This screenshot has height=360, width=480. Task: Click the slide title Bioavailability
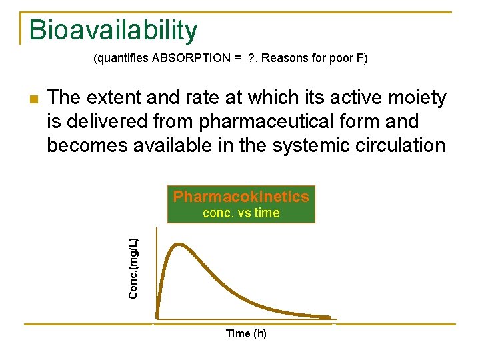(x=113, y=30)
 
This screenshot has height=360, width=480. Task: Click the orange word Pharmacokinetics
(x=241, y=197)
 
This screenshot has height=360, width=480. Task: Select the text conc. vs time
(x=241, y=213)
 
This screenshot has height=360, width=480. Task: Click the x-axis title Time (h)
(x=245, y=333)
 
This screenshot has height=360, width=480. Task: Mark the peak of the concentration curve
(x=177, y=245)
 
